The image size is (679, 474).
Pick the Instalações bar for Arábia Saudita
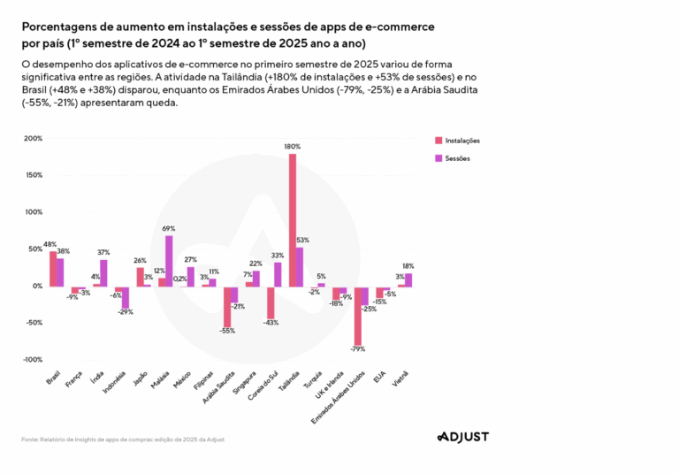[x=227, y=306]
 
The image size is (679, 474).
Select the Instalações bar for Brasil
[x=52, y=268]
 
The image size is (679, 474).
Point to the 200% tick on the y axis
[x=33, y=139]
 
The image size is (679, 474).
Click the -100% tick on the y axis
[x=32, y=360]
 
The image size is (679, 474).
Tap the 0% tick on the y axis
[x=36, y=286]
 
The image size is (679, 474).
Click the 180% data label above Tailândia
[x=293, y=147]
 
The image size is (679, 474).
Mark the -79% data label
[x=358, y=349]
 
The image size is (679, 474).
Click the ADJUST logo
[x=462, y=436]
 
